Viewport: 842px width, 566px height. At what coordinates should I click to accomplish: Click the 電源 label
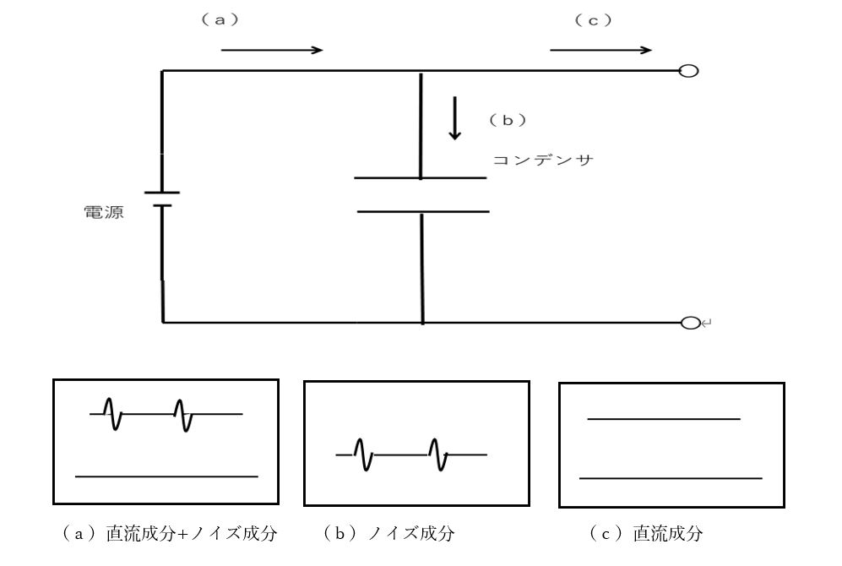(104, 212)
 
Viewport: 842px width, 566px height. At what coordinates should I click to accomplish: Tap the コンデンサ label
(543, 160)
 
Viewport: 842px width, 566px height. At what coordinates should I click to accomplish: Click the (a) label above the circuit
(220, 20)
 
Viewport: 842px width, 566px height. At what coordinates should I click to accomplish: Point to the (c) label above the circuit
(594, 20)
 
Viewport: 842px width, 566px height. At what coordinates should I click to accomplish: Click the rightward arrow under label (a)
(272, 51)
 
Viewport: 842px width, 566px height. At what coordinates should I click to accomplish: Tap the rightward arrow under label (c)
(601, 51)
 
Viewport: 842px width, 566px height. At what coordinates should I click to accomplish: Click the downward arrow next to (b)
(455, 118)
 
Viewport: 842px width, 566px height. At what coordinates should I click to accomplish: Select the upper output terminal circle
(689, 71)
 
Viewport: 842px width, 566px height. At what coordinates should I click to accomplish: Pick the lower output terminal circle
(691, 323)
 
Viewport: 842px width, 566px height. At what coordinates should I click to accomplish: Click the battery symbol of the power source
(162, 199)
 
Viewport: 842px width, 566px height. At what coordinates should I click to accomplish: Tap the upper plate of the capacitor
(421, 177)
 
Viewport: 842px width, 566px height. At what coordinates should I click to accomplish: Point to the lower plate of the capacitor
(423, 211)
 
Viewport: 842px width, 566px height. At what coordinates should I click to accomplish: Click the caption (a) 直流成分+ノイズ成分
(170, 533)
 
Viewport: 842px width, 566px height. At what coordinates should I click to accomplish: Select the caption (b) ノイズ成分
(388, 533)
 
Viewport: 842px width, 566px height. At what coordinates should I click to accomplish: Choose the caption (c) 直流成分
(646, 533)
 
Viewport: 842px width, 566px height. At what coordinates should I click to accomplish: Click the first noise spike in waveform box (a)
(113, 413)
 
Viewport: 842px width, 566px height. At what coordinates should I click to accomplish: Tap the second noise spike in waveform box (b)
(437, 454)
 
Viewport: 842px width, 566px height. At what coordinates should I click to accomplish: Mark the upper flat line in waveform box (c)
(664, 419)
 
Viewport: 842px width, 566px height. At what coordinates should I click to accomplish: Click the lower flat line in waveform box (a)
(166, 476)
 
